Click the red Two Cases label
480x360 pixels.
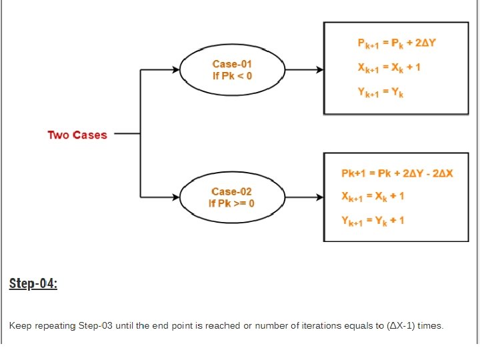click(x=77, y=135)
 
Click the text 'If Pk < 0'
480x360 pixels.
click(x=233, y=76)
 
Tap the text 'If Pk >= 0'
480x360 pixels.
click(x=231, y=203)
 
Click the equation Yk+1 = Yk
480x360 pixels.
click(x=381, y=93)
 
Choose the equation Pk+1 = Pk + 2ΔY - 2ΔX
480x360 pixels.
click(x=397, y=173)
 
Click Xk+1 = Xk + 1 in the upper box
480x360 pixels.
click(x=389, y=67)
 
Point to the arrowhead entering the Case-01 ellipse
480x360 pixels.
click(x=176, y=69)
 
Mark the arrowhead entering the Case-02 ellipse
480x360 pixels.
click(x=176, y=197)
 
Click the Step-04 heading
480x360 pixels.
click(x=33, y=284)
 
